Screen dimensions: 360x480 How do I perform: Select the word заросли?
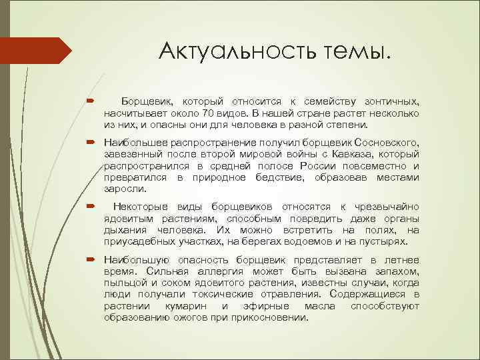[x=121, y=189]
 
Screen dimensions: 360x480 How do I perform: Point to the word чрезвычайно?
[x=387, y=207]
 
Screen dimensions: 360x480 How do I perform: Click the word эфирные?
[x=257, y=305]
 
